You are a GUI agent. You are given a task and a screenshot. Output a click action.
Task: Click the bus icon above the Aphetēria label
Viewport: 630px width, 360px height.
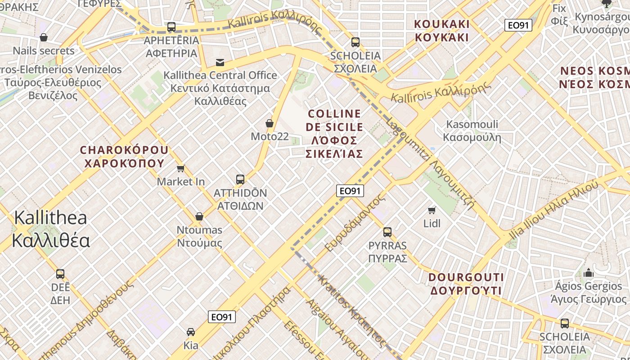(171, 27)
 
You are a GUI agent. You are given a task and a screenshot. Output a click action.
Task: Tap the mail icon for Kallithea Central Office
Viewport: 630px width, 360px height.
(220, 62)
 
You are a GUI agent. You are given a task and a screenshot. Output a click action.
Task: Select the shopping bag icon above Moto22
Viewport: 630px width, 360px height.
(270, 123)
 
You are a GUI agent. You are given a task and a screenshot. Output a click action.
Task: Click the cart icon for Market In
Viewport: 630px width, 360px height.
(181, 168)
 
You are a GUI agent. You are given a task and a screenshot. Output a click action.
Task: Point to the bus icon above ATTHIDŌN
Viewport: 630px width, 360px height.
(240, 180)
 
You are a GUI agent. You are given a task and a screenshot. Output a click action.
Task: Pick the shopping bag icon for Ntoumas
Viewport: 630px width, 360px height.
(199, 216)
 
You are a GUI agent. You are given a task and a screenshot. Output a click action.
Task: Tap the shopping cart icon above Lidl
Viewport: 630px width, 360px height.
(432, 210)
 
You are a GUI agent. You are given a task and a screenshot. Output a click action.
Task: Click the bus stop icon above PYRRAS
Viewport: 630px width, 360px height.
(387, 232)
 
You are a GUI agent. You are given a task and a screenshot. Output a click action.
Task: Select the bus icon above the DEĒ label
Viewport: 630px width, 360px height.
(60, 274)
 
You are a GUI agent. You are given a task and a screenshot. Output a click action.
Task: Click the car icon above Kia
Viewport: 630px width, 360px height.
(191, 332)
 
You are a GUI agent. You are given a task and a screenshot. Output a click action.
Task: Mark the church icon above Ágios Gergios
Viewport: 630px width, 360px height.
(588, 273)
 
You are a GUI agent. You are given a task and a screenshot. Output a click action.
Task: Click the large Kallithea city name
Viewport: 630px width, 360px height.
(50, 229)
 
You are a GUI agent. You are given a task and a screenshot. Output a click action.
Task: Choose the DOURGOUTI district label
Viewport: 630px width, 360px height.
(466, 284)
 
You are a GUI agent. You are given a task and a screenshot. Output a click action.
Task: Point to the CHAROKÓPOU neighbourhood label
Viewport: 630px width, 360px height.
(124, 156)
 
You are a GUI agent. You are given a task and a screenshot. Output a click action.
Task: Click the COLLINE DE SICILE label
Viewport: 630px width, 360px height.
(334, 134)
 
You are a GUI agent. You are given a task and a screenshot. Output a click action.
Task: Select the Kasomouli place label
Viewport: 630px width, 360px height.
(472, 130)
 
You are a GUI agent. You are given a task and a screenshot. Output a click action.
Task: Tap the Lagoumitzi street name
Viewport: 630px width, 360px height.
(430, 164)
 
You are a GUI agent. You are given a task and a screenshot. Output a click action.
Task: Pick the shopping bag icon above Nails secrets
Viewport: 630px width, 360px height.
(44, 37)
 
